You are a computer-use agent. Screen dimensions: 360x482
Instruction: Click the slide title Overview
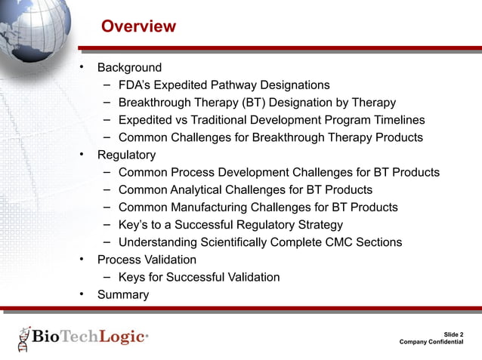(x=138, y=27)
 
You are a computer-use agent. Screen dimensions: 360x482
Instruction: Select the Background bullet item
(x=129, y=68)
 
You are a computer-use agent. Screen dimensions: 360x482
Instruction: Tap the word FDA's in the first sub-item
(x=137, y=85)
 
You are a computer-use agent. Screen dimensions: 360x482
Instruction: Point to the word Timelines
(x=396, y=120)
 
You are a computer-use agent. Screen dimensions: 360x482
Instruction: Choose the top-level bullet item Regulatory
(x=126, y=155)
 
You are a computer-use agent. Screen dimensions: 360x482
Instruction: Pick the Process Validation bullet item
(x=147, y=260)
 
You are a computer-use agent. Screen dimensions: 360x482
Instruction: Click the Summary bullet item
(x=123, y=295)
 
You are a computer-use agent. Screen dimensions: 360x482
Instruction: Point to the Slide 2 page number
(x=453, y=334)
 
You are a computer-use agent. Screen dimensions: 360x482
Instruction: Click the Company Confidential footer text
(x=431, y=343)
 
